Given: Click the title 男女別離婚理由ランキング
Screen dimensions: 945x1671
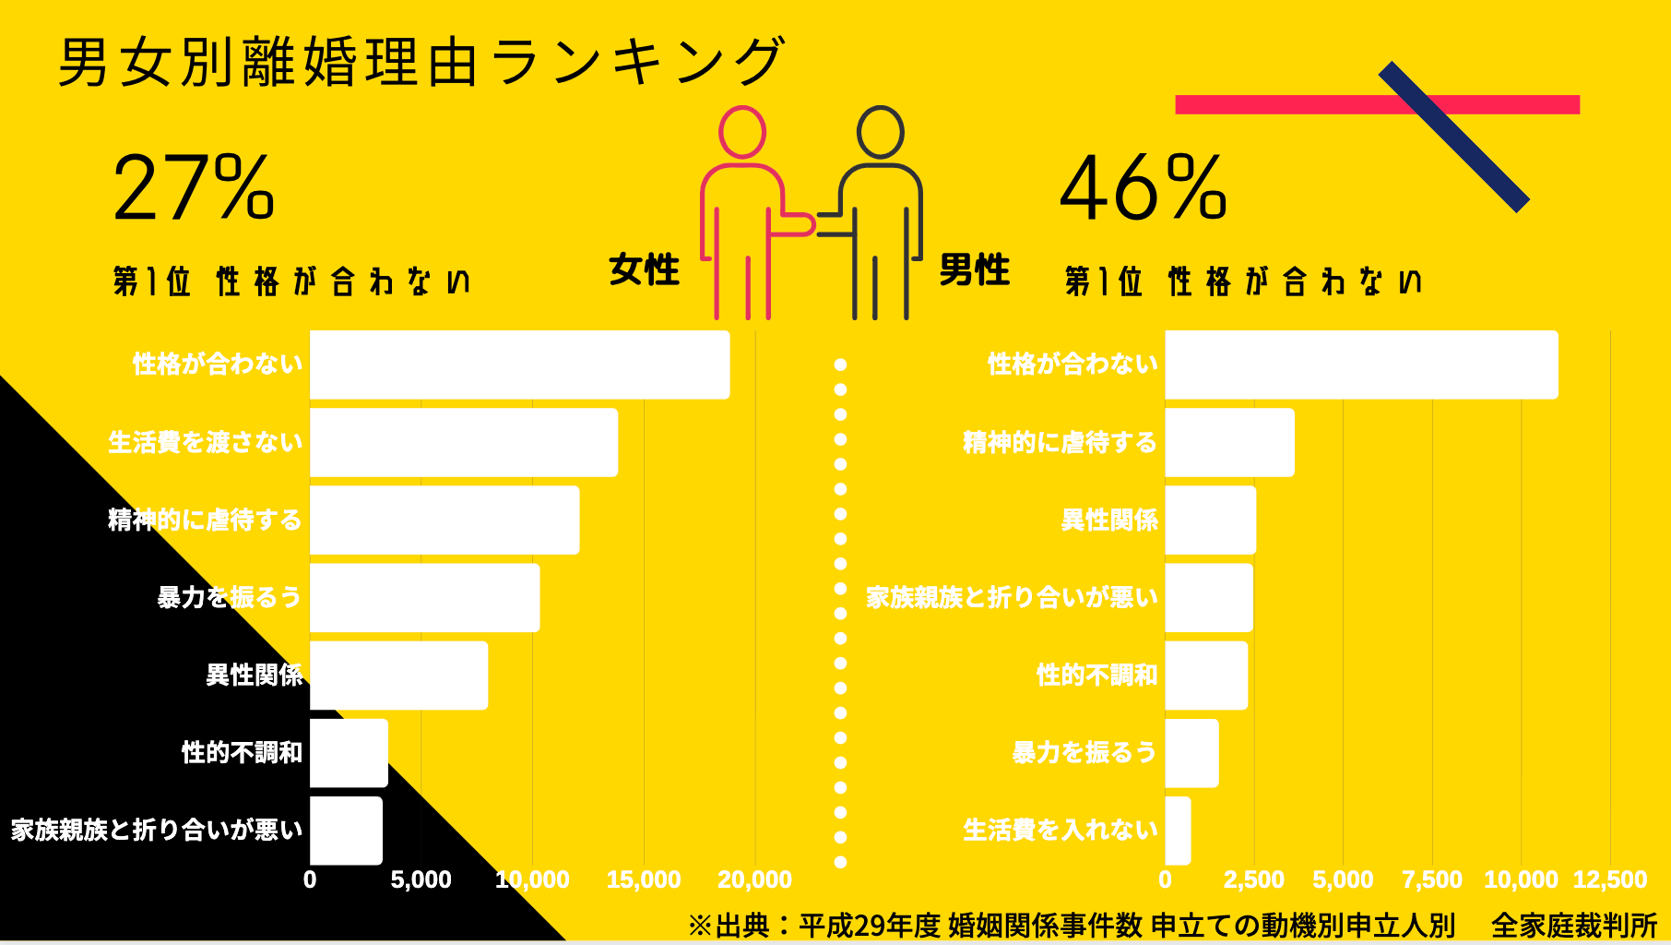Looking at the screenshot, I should [421, 63].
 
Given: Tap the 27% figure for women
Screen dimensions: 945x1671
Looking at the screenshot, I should [194, 188].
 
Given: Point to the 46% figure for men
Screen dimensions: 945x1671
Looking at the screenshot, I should [1144, 188].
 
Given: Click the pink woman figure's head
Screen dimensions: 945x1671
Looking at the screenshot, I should [742, 132].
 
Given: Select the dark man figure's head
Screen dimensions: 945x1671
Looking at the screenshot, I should [880, 132].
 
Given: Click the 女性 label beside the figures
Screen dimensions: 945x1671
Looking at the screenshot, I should [644, 270].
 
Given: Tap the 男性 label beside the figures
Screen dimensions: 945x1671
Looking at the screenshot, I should [974, 270].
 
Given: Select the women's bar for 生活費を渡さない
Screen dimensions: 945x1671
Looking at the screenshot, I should [463, 443].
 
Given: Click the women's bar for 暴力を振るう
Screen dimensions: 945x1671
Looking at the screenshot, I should [424, 598].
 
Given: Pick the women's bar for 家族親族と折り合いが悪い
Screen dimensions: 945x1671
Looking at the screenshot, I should [346, 831].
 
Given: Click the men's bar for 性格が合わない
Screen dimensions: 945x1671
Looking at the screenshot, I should [1361, 365].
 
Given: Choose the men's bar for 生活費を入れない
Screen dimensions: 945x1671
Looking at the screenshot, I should [1178, 831].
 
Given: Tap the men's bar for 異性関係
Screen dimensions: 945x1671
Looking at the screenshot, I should [1210, 520].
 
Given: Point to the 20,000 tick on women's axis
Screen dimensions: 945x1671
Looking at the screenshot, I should [754, 879].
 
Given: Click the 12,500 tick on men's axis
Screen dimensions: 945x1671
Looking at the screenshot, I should [1610, 879].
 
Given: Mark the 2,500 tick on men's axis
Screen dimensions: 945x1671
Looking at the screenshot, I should [1253, 879].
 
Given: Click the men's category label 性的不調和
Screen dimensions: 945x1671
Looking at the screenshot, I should [1096, 676].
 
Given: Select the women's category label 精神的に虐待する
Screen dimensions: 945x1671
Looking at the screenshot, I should [205, 520].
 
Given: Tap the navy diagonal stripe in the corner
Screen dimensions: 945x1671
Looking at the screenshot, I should [1453, 137].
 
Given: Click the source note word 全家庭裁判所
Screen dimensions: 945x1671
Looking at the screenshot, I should [1573, 925].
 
